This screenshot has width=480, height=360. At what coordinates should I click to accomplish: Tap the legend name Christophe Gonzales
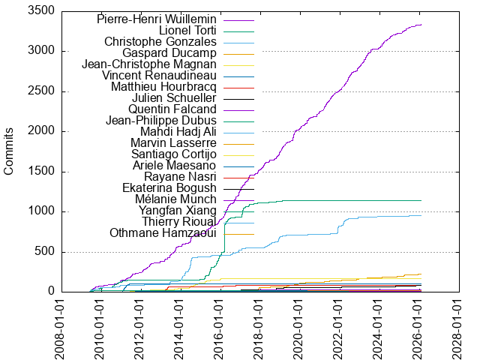(160, 41)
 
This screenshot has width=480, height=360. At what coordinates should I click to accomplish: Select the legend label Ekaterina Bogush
(169, 187)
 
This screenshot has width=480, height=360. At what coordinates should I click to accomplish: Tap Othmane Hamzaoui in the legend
(163, 232)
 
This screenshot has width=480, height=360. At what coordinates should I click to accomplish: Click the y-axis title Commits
(10, 151)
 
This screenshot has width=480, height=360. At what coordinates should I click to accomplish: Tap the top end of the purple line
(421, 25)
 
